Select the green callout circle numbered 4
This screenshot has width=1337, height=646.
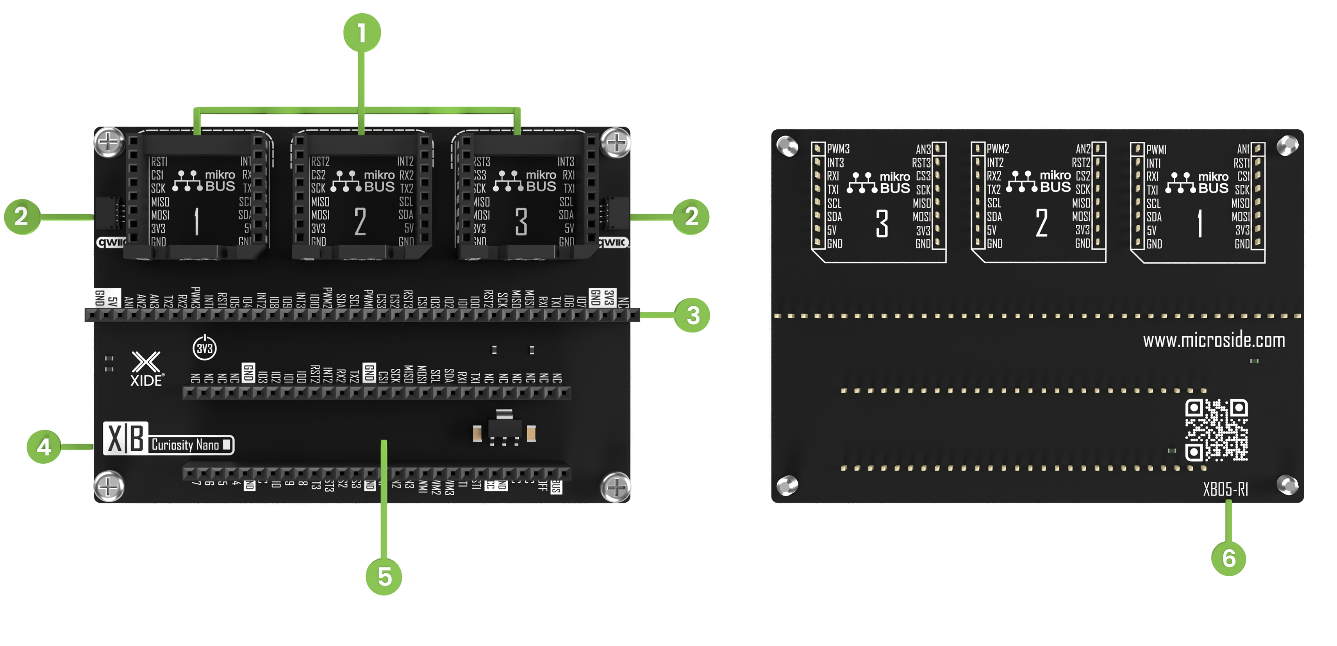(44, 446)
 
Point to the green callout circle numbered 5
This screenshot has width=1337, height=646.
(384, 576)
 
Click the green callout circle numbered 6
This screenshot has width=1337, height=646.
(1228, 558)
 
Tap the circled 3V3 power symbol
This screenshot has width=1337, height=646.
(205, 348)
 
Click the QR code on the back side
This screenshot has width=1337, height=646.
(1216, 430)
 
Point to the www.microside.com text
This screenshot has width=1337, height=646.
(1214, 341)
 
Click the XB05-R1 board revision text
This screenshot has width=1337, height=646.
(1225, 489)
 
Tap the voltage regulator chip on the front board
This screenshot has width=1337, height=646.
(503, 428)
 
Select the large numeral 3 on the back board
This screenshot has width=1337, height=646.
(882, 224)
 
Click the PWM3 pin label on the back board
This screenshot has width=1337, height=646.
(838, 149)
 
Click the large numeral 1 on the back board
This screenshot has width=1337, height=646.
(1200, 224)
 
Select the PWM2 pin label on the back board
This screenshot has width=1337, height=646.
(998, 149)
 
